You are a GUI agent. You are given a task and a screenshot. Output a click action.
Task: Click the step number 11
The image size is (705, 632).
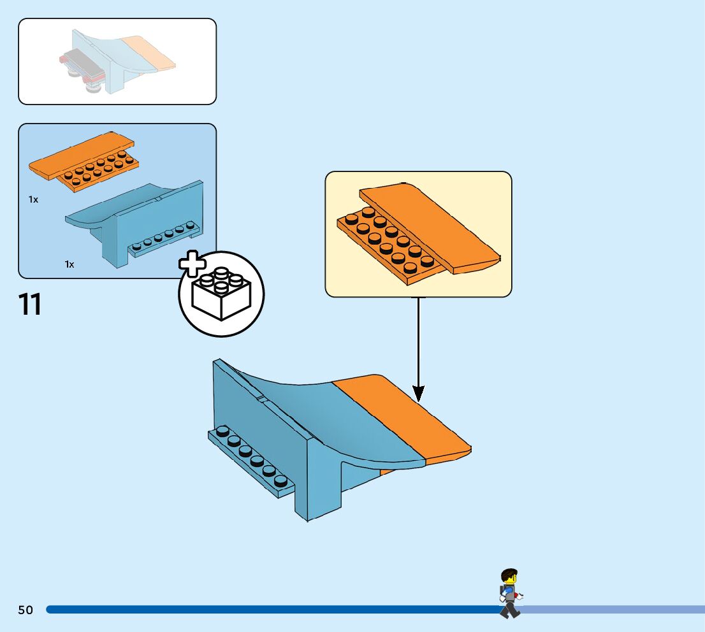point(30,305)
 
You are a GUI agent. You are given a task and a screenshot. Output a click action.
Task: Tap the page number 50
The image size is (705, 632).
point(25,610)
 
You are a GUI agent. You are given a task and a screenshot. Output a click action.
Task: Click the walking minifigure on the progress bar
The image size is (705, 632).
point(511,593)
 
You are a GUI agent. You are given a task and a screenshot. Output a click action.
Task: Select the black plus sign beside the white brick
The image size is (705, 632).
point(193,263)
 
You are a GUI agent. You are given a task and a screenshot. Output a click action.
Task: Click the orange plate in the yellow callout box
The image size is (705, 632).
point(419,234)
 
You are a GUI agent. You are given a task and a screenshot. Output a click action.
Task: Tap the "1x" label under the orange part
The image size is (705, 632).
point(33,199)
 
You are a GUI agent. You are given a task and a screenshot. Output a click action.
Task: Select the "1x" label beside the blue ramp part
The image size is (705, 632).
point(69,264)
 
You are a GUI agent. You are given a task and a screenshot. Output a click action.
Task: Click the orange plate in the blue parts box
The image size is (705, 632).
point(84,162)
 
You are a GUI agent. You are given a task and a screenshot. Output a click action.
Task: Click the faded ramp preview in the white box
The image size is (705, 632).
point(117,61)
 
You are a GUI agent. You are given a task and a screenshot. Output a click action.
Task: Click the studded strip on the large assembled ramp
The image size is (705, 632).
point(252,461)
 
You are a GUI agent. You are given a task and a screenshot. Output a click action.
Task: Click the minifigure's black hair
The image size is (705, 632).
point(509,574)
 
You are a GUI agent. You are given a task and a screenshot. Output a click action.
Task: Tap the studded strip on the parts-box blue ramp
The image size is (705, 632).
point(164,238)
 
